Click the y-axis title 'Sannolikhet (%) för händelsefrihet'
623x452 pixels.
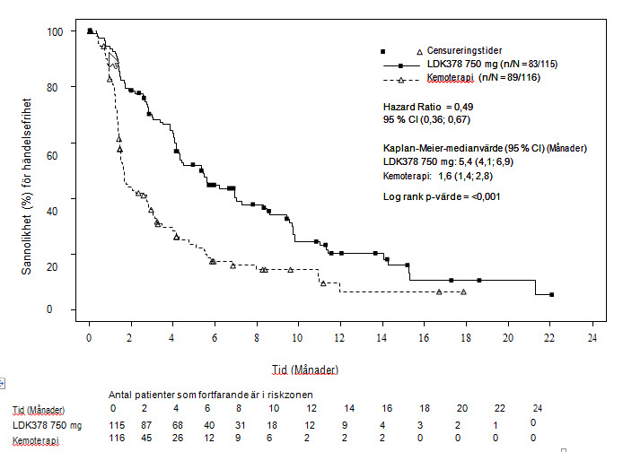tap(29, 170)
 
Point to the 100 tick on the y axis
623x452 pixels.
tap(56, 31)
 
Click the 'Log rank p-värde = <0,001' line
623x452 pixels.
tap(442, 196)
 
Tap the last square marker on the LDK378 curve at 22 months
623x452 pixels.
tap(551, 294)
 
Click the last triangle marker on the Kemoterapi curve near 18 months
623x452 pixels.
tap(463, 291)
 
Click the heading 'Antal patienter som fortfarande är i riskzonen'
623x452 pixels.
tap(215, 394)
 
